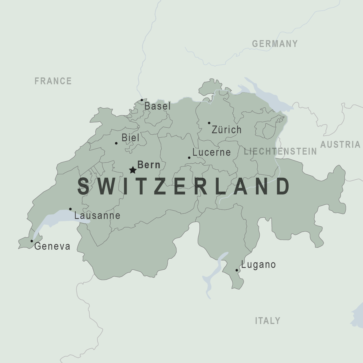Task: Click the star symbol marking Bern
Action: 133,170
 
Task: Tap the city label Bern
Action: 149,165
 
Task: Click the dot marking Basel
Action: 142,100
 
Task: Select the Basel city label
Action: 157,106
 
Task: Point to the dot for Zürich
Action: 209,123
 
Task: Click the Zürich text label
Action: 227,130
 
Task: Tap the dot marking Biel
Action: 116,143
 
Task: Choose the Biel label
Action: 130,138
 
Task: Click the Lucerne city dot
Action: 189,158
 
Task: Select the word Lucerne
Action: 212,152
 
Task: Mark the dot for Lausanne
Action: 71,209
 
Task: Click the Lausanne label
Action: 97,216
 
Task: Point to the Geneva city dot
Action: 32,241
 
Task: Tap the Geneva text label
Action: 52,246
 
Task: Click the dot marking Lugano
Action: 237,270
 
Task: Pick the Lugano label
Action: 259,265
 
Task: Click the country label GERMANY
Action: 275,44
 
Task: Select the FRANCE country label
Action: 53,81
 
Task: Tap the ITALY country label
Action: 268,321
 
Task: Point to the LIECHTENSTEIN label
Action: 280,151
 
